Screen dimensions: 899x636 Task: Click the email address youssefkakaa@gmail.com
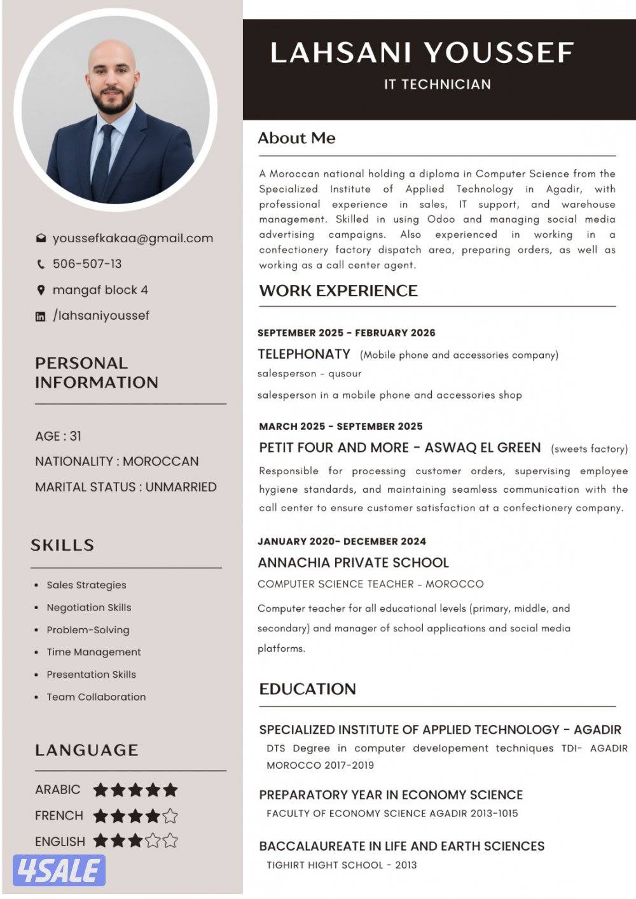[132, 238]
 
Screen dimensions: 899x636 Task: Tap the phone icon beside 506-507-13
[41, 264]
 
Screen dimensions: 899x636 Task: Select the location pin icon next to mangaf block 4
[41, 290]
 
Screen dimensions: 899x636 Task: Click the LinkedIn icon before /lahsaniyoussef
[41, 316]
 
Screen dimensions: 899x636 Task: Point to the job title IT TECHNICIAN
[438, 84]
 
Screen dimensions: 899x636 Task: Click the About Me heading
[296, 138]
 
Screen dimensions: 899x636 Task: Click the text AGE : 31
[58, 436]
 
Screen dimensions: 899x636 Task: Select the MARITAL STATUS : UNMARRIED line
[126, 487]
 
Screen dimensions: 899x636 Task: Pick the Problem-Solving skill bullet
[88, 630]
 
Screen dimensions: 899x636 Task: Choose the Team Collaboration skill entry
[96, 697]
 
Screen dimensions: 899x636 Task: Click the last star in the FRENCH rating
[170, 816]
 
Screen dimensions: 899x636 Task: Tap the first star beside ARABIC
[100, 790]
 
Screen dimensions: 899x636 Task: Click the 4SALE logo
[59, 870]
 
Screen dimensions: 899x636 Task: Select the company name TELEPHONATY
[304, 354]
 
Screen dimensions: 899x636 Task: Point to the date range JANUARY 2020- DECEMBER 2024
[342, 542]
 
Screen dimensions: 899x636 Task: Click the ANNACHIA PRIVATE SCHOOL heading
[353, 563]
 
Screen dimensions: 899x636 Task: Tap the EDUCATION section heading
[307, 689]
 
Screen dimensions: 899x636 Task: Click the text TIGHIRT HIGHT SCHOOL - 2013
[342, 865]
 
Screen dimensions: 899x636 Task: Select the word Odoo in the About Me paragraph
[441, 219]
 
